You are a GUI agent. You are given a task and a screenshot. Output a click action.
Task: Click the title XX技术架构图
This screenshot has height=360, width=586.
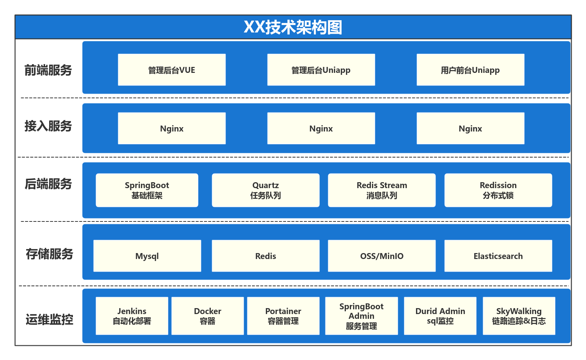click(293, 27)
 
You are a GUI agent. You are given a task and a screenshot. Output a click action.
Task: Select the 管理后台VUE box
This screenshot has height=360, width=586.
click(172, 70)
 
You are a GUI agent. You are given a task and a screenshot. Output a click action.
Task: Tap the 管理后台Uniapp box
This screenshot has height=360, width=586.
click(321, 70)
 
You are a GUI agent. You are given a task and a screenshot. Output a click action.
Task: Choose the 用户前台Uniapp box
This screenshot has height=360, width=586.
click(470, 70)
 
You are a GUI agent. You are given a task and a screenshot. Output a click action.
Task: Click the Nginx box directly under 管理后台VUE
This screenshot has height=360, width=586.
click(172, 128)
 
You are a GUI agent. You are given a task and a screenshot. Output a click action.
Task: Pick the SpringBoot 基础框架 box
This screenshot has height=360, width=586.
click(147, 190)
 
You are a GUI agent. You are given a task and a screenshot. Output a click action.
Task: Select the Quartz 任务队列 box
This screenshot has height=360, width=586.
click(265, 190)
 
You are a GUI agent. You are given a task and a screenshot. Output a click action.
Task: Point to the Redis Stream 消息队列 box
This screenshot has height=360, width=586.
click(382, 190)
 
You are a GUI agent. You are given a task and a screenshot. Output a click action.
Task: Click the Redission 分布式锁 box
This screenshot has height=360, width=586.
click(498, 190)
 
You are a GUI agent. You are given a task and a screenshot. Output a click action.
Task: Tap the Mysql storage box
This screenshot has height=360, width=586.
click(147, 256)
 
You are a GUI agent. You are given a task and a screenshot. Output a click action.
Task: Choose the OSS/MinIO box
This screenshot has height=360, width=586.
click(382, 256)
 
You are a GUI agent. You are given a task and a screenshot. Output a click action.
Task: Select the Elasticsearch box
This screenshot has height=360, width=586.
click(498, 256)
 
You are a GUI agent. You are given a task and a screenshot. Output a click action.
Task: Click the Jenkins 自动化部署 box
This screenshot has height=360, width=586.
click(132, 316)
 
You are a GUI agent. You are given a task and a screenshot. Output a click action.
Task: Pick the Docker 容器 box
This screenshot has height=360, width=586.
click(208, 316)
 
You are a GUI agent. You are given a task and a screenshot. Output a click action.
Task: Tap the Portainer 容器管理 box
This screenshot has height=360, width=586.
click(283, 316)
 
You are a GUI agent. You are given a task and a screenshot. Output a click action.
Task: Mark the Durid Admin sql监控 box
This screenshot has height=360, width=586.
click(440, 316)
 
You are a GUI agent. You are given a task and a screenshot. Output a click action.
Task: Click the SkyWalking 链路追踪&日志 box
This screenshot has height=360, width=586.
click(519, 316)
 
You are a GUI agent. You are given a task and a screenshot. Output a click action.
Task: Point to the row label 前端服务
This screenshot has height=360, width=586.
click(48, 70)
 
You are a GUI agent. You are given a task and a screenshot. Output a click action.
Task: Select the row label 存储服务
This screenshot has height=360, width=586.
click(49, 254)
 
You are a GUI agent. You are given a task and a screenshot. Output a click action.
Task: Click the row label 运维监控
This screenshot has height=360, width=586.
click(49, 319)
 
